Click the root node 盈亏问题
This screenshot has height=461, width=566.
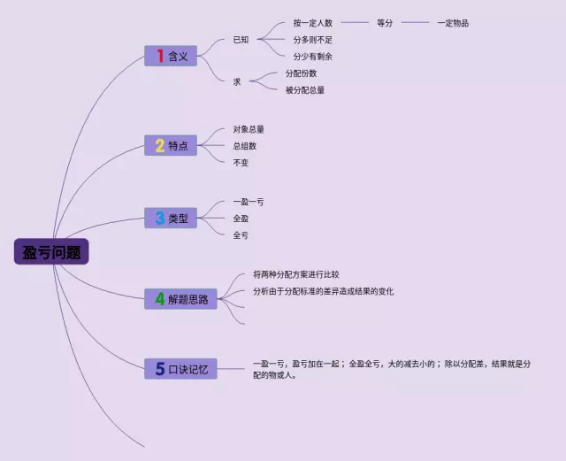[x=52, y=252]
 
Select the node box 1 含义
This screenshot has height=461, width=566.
[x=170, y=56]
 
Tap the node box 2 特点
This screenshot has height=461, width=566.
[x=170, y=145]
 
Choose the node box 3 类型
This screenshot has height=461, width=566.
[x=170, y=218]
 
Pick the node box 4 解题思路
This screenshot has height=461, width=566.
[x=180, y=299]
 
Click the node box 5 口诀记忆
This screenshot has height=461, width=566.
[x=180, y=368]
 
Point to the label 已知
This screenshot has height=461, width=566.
[x=241, y=40]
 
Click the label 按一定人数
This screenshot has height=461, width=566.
[x=312, y=23]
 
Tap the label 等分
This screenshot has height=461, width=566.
[x=385, y=23]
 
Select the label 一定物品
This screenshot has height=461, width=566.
[x=453, y=23]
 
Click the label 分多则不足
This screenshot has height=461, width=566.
[x=312, y=40]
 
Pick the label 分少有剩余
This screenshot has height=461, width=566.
[x=312, y=57]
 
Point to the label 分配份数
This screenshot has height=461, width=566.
[x=301, y=73]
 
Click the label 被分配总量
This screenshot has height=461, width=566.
[x=304, y=89]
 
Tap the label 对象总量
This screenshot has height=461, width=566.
[x=249, y=129]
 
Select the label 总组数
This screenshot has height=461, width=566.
[x=245, y=146]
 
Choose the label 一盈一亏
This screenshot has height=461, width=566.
[x=249, y=202]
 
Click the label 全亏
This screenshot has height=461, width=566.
[x=241, y=235]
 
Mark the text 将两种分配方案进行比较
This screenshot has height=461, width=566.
[x=295, y=274]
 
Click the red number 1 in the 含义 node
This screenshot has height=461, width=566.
[x=159, y=56]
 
